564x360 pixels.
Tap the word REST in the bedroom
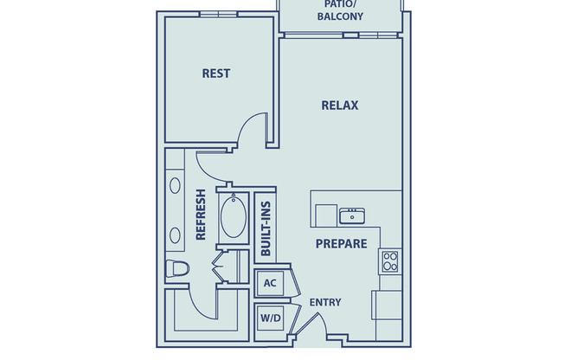(x=216, y=74)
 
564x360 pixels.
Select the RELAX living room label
(x=340, y=106)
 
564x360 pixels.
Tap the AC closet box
(x=269, y=283)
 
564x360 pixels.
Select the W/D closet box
(x=269, y=318)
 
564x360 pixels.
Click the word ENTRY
(x=325, y=302)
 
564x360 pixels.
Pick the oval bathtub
(x=234, y=219)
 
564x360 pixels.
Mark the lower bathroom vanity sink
(x=176, y=234)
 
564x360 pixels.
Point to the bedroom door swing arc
(x=253, y=132)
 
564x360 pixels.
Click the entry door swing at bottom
(x=314, y=329)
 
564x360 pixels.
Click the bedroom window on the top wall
(x=216, y=14)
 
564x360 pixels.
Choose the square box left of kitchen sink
(x=325, y=215)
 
